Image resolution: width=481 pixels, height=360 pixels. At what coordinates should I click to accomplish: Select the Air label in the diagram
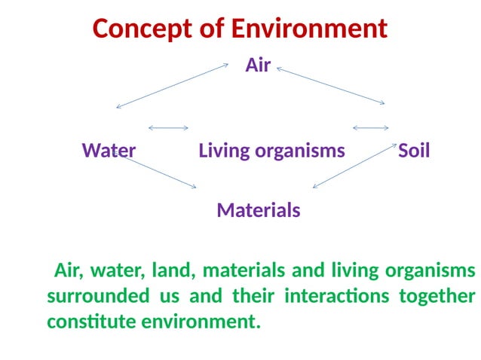(x=258, y=66)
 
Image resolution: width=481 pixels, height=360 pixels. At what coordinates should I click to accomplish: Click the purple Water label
(x=109, y=151)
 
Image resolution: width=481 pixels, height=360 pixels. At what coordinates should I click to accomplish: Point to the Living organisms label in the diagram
(x=271, y=151)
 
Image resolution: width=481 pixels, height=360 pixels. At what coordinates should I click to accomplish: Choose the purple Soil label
(x=414, y=151)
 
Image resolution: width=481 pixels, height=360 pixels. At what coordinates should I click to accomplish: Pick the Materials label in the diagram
(x=259, y=210)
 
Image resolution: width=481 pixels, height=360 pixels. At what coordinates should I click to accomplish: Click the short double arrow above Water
(x=168, y=128)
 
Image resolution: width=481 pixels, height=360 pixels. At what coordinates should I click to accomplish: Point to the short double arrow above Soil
(x=371, y=128)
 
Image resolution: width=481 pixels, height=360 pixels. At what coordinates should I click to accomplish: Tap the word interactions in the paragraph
(x=336, y=296)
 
